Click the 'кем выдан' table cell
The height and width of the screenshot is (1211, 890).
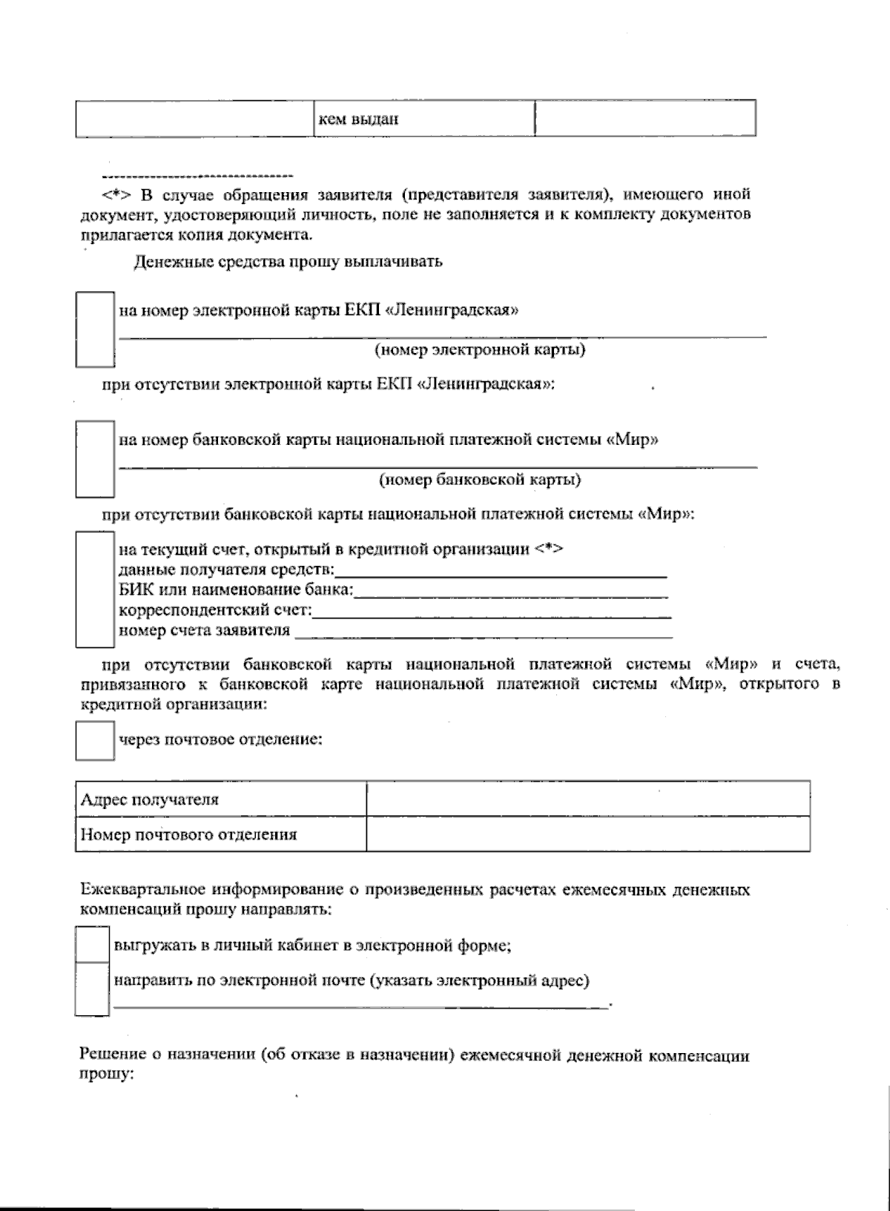[423, 119]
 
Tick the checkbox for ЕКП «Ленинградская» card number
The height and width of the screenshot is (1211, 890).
[95, 329]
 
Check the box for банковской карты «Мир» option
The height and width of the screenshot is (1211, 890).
[95, 458]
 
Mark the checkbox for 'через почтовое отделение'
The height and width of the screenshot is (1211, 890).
[95, 740]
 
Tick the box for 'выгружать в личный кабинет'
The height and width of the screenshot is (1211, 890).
[93, 945]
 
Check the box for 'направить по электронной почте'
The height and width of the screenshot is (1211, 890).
[93, 989]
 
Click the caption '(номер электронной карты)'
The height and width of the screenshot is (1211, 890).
[480, 349]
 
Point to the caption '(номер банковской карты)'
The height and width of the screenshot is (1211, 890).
[480, 479]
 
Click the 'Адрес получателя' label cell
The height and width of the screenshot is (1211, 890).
[221, 799]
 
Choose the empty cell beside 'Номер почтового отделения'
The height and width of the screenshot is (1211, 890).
[587, 834]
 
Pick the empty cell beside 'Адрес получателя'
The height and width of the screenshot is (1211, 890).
[587, 799]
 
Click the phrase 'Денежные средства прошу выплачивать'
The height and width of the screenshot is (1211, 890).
[288, 261]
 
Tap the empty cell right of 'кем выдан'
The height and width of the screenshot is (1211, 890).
[645, 119]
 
